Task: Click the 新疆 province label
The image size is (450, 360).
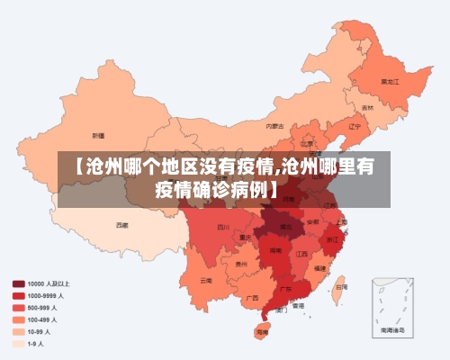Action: point(99,135)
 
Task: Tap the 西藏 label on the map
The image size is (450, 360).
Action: point(121,224)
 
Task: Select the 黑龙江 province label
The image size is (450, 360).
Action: point(390,80)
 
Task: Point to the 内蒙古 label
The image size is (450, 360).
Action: point(275,126)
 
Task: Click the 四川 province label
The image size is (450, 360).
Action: point(223,227)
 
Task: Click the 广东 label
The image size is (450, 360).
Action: point(285,291)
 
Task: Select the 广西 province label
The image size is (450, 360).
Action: point(252,297)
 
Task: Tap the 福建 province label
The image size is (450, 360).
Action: point(320,268)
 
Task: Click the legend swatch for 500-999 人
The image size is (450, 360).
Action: point(18,307)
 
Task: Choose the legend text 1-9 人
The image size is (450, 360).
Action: point(36,343)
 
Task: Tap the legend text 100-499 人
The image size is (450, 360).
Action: point(42,319)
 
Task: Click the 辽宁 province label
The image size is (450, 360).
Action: point(354,126)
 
